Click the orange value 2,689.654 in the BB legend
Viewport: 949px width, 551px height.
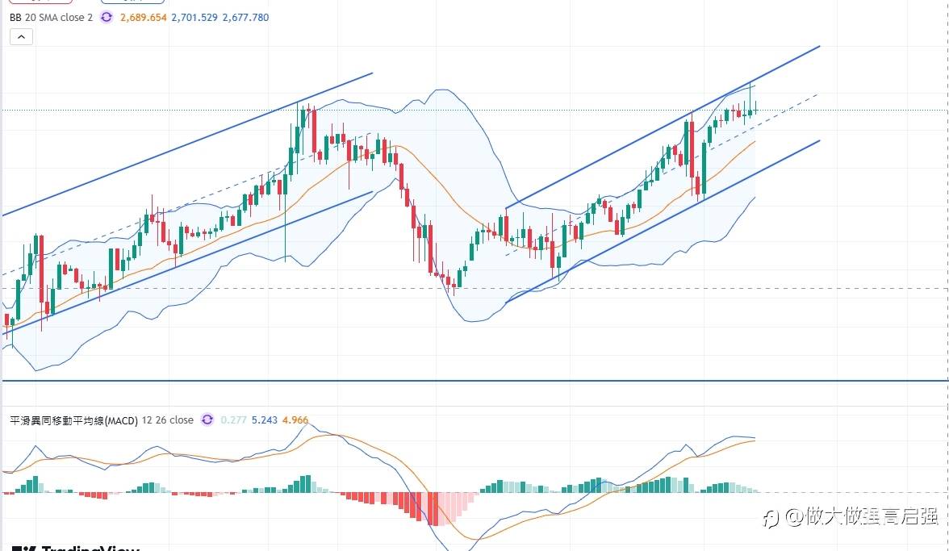click(x=142, y=17)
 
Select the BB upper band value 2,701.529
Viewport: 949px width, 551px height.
click(x=194, y=17)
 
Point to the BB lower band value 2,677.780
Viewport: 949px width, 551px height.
click(x=245, y=17)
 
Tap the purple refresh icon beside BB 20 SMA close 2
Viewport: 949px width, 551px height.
click(x=107, y=17)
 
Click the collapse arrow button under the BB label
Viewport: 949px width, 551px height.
click(x=21, y=36)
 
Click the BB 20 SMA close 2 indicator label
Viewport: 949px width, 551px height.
click(x=51, y=17)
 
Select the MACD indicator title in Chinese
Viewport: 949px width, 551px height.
click(x=73, y=420)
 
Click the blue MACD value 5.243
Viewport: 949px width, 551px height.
click(x=265, y=420)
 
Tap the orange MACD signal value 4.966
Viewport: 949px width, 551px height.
click(x=295, y=420)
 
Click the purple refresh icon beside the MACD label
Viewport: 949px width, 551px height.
click(x=207, y=420)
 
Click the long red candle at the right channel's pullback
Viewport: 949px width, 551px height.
click(x=692, y=149)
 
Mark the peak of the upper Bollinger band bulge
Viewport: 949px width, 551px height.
click(x=441, y=90)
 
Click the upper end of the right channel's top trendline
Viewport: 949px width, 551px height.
click(x=818, y=47)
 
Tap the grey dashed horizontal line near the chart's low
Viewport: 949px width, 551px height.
click(x=646, y=288)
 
